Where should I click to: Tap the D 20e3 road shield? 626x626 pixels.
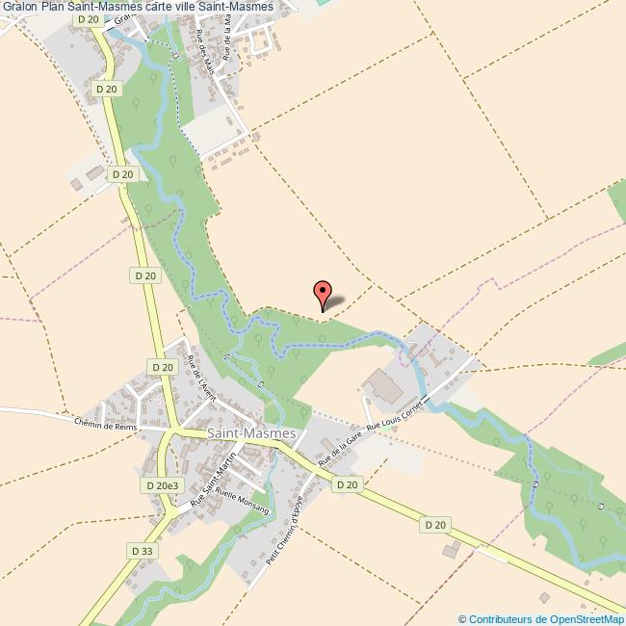[x=161, y=486]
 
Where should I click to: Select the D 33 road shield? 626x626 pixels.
[x=140, y=550]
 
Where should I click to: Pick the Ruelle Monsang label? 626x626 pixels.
[x=242, y=503]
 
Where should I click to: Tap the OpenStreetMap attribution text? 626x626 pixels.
[x=541, y=618]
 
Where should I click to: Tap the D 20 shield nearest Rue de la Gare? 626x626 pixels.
[x=348, y=485]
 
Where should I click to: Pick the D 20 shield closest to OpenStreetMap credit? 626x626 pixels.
[x=435, y=525]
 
